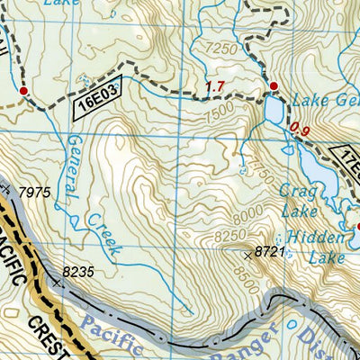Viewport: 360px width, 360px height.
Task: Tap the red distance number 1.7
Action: coord(214,86)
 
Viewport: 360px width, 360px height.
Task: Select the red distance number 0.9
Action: coord(301,131)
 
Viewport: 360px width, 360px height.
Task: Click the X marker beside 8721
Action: coord(248,256)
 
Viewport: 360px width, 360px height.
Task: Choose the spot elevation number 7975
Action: coord(33,193)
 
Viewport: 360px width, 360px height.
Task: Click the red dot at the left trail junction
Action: coord(23,91)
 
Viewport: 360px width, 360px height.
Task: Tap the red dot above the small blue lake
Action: coord(274,86)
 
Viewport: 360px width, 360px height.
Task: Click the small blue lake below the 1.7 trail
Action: coord(273,110)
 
